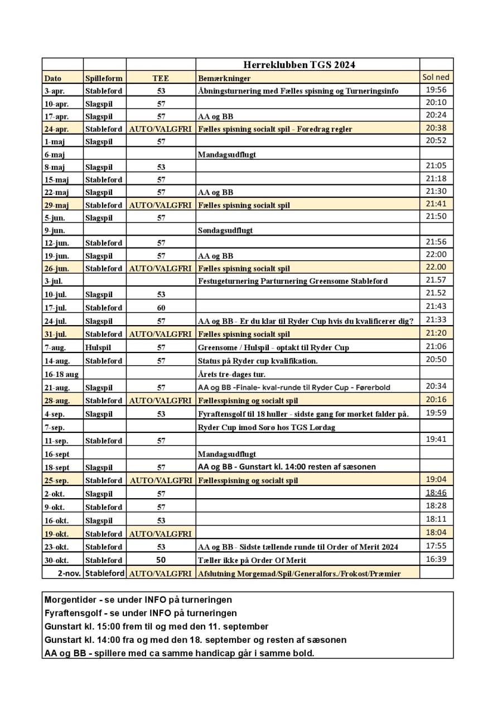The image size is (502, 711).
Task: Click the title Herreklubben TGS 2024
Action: point(299,65)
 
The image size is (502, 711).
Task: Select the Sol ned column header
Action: point(436,77)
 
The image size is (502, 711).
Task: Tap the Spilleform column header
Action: point(104,78)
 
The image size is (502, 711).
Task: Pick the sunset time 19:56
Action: point(436,90)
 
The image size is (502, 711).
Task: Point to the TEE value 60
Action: point(161,308)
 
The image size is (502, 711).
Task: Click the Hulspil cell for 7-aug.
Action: point(98,347)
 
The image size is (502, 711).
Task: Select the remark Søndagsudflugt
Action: point(225,230)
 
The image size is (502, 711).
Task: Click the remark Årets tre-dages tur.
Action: point(231,374)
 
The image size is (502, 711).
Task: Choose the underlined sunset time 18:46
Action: point(436,493)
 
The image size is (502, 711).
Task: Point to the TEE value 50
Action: point(161,560)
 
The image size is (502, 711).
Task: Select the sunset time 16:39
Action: point(436,559)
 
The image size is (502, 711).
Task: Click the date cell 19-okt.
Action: point(56,534)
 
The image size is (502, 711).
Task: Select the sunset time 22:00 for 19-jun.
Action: point(436,254)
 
